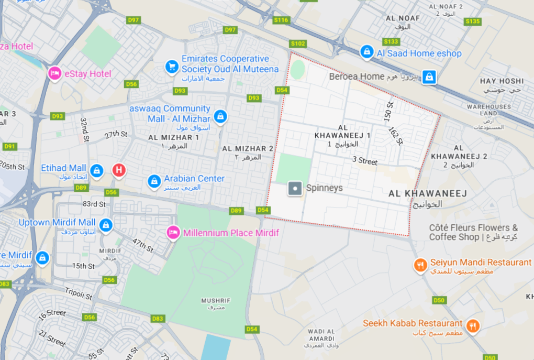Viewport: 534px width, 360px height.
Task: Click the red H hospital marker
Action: pos(119,170)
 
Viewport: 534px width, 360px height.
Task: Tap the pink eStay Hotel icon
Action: pos(54,73)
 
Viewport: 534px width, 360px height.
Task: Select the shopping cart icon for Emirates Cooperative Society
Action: pos(172,67)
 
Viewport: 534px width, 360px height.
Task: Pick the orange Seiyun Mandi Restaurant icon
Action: pos(420,265)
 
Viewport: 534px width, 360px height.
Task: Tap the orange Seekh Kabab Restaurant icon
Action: pos(473,325)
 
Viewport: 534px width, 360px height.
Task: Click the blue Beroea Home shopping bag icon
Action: pos(429,77)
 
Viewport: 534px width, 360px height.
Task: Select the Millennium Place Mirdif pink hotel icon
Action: pos(173,232)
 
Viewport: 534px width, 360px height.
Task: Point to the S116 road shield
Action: pos(281,20)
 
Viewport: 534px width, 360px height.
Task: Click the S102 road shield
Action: pos(298,43)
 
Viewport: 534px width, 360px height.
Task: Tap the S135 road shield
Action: pos(472,21)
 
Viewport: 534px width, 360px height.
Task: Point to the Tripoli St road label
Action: pos(79,293)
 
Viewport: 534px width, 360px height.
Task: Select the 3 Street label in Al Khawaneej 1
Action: pos(365,161)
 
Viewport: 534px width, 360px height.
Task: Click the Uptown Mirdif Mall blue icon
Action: pos(106,224)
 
